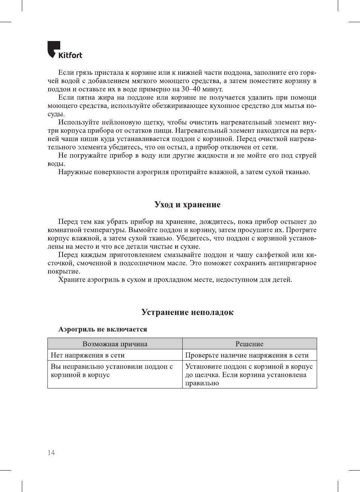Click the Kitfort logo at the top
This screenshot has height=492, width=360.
tap(64, 50)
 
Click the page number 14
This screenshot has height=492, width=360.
tap(51, 452)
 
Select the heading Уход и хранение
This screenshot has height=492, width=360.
tap(187, 204)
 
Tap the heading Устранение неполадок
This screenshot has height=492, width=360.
tap(187, 312)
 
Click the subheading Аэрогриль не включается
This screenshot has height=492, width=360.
tap(102, 329)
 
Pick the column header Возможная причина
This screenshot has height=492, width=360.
tap(115, 344)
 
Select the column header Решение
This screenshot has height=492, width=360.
tap(249, 344)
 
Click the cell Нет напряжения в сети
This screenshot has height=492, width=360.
tap(88, 355)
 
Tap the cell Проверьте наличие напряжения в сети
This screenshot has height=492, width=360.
tap(247, 355)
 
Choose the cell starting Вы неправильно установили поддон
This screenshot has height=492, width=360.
tap(111, 370)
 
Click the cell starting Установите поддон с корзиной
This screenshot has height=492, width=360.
tap(249, 375)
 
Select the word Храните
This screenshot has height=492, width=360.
tap(72, 280)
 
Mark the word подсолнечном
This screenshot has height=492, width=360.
tap(143, 263)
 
